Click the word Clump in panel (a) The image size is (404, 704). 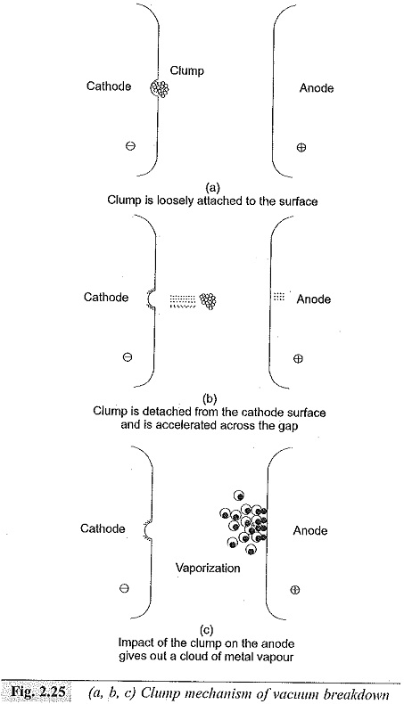pos(187,71)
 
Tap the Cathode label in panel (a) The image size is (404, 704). pos(109,86)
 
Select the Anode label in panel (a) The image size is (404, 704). pos(317,88)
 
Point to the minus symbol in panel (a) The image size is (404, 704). pos(131,145)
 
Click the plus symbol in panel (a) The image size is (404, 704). pos(301,147)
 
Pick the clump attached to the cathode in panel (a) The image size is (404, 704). pos(160,88)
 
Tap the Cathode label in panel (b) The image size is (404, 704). pos(106,298)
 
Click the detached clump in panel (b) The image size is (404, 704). pos(208,300)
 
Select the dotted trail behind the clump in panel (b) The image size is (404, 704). pos(183,300)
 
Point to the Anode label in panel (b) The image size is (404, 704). pos(314,299)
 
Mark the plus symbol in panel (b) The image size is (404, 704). pos(298,358)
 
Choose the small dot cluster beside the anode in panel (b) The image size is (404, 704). pos(279,296)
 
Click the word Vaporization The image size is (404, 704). pos(208,568)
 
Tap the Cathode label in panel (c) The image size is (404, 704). pos(103,528)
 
